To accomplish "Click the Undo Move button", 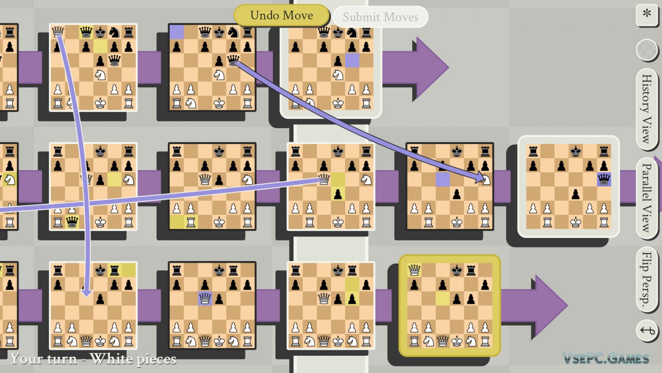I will pos(282,15).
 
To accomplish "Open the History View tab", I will pos(647,109).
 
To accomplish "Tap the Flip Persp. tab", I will pos(647,278).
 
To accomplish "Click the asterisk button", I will pos(647,14).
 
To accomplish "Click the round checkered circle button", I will pos(647,49).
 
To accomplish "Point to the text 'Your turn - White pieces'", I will pos(93,359).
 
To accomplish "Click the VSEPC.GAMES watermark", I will pos(606,358).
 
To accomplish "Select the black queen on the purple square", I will pos(604,179).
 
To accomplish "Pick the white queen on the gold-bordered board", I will pos(414,270).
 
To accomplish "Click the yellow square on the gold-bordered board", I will pos(443,298).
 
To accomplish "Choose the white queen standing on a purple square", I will pos(205,298).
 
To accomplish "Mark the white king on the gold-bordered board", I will pos(457,341).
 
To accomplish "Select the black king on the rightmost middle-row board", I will pos(575,152).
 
